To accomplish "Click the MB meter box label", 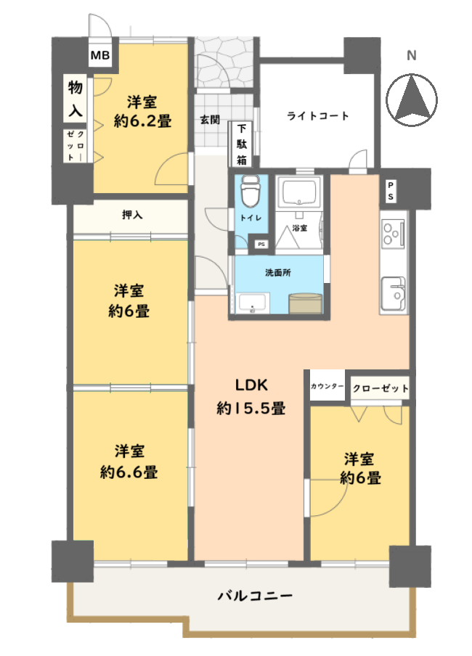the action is pos(100,55).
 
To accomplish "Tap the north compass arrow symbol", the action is pos(412,99).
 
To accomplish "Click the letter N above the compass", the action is pos(412,55).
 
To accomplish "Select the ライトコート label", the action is pos(318,115).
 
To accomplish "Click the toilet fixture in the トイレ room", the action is pos(251,191).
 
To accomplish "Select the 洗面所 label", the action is pos(277,273).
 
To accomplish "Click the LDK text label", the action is pos(251,385).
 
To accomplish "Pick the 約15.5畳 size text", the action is pos(251,408).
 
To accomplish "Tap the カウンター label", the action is pos(327,386).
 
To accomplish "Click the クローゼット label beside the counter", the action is pos(381,388).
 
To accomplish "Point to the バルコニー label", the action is pos(255,596).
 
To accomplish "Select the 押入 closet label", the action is pos(132,215).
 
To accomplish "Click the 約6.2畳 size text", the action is pos(142,121).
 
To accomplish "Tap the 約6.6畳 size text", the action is pos(129,472).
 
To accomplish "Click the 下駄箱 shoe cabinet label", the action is pos(242,144).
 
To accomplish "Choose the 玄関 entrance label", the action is pos(210,120).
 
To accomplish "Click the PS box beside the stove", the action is pos(391,191).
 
